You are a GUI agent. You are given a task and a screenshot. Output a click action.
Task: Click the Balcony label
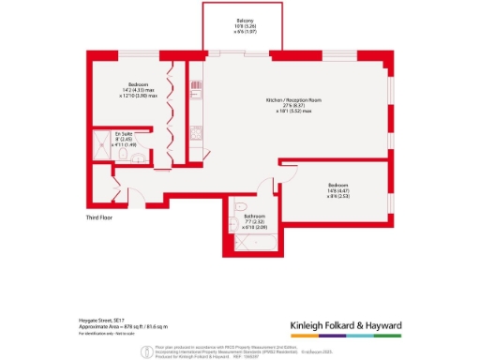point(242,24)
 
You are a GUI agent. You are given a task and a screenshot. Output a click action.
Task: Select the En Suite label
point(123,135)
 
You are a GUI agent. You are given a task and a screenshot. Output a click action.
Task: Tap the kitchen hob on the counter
point(197,133)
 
